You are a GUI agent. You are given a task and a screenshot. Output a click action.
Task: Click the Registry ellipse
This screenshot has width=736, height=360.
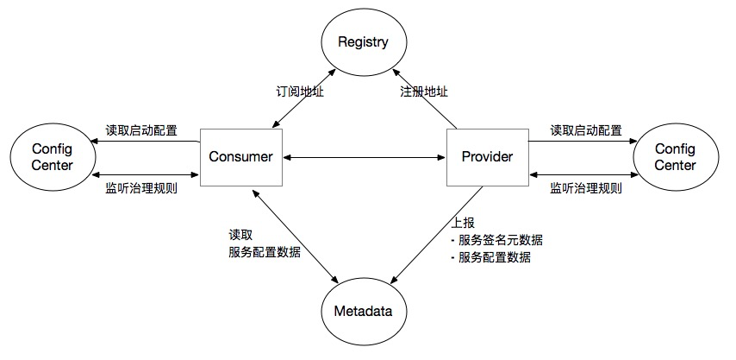coord(363,41)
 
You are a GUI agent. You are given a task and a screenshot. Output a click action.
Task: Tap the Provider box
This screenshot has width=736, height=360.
coord(487,157)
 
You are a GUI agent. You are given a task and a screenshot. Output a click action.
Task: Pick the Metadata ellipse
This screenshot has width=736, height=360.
coord(363,311)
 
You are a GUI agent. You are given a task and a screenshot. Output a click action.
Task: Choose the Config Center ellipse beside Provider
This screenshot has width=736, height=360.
coord(675,157)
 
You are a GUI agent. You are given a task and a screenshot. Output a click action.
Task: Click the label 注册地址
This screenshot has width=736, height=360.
coord(423,92)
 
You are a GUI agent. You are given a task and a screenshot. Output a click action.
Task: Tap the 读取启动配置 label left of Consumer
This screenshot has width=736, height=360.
coord(142,130)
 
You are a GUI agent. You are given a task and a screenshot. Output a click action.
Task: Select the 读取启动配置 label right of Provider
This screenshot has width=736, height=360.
coord(586,130)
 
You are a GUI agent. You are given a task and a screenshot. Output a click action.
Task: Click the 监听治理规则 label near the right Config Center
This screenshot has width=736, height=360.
coord(585,187)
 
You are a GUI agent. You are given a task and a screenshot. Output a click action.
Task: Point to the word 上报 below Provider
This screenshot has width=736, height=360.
coord(463,222)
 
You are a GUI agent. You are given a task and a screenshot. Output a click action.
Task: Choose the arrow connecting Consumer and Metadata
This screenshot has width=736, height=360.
coord(293,233)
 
